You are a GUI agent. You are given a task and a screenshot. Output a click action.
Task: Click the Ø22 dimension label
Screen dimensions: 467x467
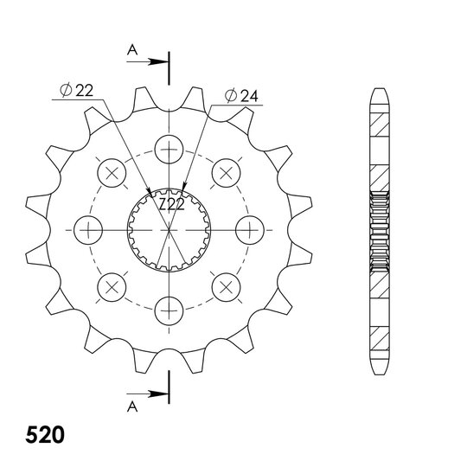coord(77,91)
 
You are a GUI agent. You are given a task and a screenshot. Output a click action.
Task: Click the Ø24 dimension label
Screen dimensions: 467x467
coord(241,96)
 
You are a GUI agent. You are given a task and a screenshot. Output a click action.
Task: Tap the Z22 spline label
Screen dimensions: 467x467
coord(171,205)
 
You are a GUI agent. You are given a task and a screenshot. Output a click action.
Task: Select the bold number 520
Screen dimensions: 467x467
coord(45,435)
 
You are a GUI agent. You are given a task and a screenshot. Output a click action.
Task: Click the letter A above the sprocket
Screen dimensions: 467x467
coord(132,50)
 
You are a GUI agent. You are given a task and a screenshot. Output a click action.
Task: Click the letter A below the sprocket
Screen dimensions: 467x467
coord(132,406)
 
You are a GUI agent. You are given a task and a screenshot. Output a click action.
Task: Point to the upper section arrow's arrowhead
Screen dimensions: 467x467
coord(158,62)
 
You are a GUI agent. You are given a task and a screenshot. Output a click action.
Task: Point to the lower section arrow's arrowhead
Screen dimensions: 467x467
coord(158,394)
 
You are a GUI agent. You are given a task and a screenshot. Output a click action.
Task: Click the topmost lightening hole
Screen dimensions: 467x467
coord(169,150)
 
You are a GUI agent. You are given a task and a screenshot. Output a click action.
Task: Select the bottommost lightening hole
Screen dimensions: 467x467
coord(169,310)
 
